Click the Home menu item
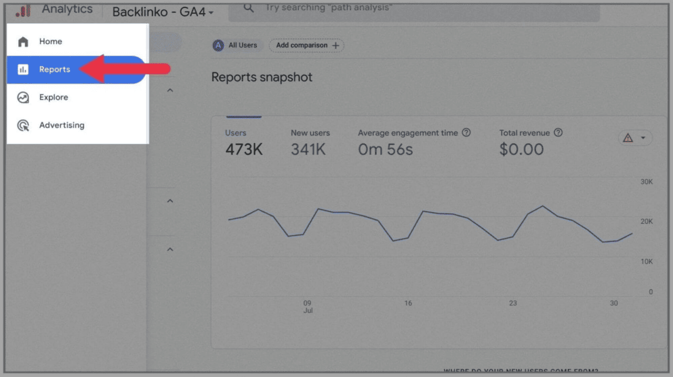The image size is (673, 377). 50,42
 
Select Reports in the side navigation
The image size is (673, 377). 54,70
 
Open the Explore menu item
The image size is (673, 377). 53,97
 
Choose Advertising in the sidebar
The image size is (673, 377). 61,125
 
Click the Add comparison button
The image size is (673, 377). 307,45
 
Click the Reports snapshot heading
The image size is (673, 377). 261,77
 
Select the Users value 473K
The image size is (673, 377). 244,150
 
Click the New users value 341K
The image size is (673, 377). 308,150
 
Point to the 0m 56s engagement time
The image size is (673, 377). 385,150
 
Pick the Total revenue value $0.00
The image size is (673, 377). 521,150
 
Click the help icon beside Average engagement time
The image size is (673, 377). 466,133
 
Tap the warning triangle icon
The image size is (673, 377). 628,138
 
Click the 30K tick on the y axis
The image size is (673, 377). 646,182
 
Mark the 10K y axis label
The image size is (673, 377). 646,262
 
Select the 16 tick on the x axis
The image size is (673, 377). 408,303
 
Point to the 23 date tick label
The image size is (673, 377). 513,303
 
